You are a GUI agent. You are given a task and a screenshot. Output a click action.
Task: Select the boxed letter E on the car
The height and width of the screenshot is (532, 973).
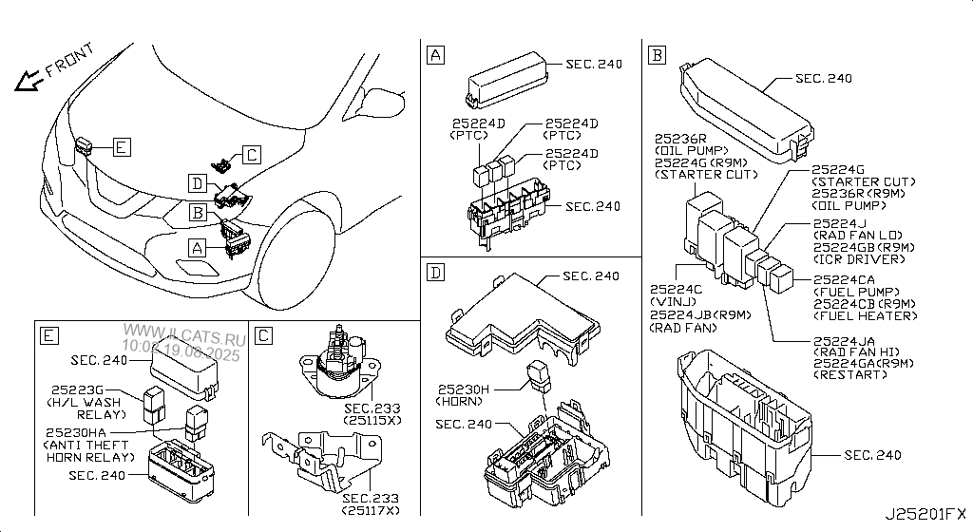[x=121, y=146]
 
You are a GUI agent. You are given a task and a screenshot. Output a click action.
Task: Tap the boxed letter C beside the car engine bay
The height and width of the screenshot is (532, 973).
[x=251, y=154]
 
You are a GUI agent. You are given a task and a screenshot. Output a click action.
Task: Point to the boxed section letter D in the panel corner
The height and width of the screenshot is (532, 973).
[x=435, y=274]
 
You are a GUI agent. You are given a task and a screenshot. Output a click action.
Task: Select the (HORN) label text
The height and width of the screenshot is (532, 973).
[x=463, y=402]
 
